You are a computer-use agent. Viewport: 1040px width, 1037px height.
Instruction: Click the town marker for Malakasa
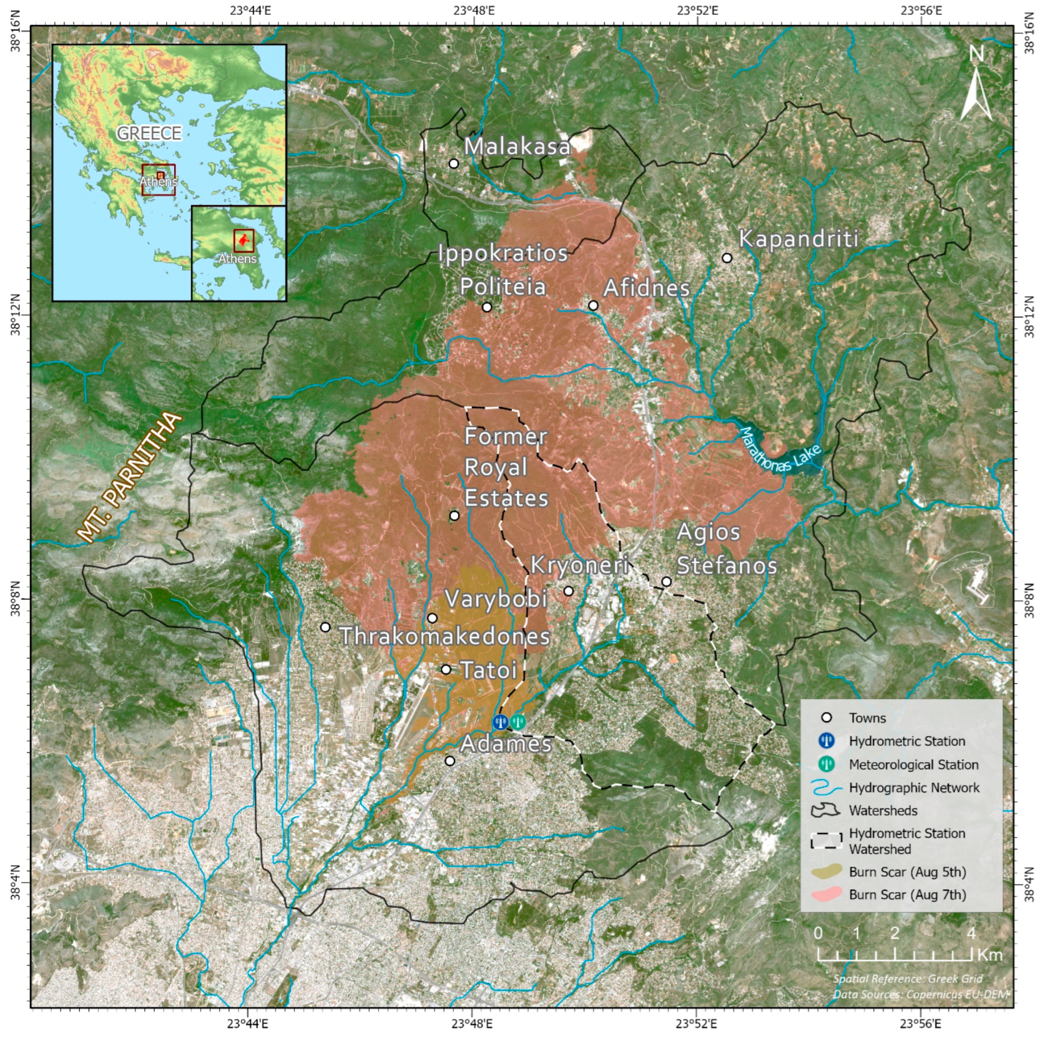(454, 163)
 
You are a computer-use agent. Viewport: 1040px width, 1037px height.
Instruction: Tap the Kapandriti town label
(798, 238)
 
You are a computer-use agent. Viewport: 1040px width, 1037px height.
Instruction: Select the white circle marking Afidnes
(593, 306)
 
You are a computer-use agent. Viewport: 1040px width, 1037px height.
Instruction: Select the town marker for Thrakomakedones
(325, 627)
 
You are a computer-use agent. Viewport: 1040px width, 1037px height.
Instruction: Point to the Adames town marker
(450, 761)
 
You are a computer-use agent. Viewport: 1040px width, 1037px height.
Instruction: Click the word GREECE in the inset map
(149, 133)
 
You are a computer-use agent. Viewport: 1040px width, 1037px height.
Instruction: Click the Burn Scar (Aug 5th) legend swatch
(826, 872)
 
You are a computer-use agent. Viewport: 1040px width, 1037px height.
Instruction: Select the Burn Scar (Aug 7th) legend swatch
(826, 895)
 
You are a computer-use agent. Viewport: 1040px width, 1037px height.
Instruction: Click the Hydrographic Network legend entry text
(914, 788)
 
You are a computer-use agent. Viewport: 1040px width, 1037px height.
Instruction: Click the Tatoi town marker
(446, 669)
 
